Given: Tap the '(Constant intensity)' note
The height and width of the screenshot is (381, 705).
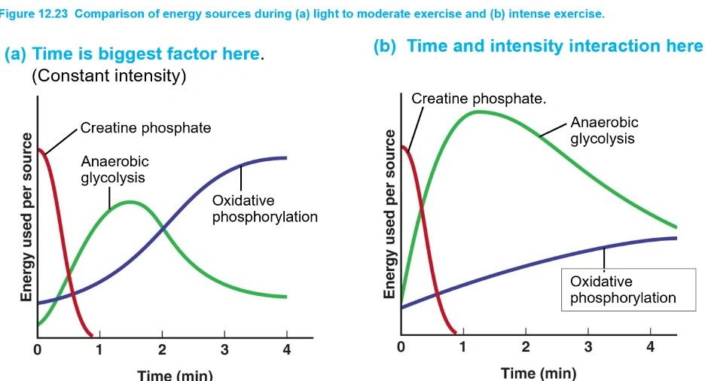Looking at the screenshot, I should (x=108, y=76).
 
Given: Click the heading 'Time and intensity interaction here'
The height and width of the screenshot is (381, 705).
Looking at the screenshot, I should (x=539, y=46).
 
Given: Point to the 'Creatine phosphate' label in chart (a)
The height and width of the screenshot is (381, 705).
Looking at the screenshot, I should (x=145, y=128).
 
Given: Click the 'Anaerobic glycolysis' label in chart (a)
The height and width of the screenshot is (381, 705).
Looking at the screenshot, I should (x=114, y=169).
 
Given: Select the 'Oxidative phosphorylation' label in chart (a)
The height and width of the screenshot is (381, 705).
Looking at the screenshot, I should (x=264, y=209).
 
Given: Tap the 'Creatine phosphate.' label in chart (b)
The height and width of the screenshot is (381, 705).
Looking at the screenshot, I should (x=479, y=99).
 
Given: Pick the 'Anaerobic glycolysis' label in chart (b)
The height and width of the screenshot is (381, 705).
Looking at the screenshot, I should (x=604, y=130).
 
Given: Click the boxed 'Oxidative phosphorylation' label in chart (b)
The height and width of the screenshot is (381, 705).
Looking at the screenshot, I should (x=623, y=289).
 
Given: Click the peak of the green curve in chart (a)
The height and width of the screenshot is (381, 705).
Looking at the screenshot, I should (x=130, y=202).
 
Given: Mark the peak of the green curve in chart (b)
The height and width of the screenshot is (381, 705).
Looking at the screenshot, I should (x=478, y=111).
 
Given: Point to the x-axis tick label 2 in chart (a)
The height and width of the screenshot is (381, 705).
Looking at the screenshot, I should (x=162, y=350).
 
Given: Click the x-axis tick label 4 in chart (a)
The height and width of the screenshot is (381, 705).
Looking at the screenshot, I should (x=287, y=350).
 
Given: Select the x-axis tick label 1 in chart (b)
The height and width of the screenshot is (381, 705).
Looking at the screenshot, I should (x=463, y=347).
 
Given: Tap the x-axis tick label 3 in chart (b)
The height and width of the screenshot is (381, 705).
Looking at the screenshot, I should (x=588, y=347).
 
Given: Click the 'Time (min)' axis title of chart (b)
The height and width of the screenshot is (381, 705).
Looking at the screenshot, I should (x=538, y=373).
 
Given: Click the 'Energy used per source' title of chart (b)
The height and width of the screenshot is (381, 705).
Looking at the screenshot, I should (x=390, y=214).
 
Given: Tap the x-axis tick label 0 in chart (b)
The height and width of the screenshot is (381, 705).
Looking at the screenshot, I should (x=401, y=347).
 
